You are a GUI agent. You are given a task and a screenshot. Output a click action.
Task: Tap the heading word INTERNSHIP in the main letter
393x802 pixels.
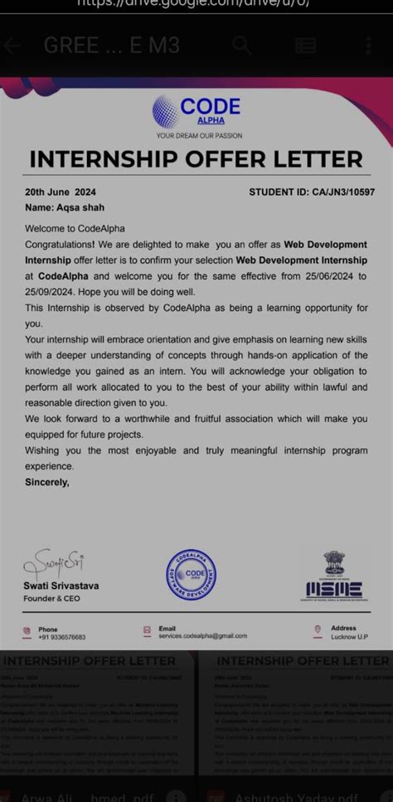pyautogui.click(x=105, y=159)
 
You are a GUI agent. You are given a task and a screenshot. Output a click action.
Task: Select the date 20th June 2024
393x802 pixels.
pyautogui.click(x=61, y=192)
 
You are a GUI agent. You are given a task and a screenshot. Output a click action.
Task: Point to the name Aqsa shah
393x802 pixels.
pyautogui.click(x=79, y=207)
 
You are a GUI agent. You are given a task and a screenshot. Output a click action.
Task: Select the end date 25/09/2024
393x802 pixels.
pyautogui.click(x=52, y=292)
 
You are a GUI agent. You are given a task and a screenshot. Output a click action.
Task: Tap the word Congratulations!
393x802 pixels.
pyautogui.click(x=60, y=245)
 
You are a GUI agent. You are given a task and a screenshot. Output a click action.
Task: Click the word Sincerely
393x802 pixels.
pyautogui.click(x=47, y=482)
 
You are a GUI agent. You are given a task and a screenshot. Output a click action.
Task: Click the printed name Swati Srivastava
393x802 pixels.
pyautogui.click(x=61, y=586)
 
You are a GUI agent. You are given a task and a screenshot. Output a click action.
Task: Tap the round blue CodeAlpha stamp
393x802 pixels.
pyautogui.click(x=192, y=574)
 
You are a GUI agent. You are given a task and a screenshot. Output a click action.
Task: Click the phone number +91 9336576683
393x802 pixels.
pyautogui.click(x=61, y=637)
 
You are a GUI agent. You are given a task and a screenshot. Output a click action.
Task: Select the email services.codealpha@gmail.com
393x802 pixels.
pyautogui.click(x=202, y=635)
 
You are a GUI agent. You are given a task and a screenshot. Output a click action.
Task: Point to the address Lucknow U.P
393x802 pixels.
pyautogui.click(x=350, y=637)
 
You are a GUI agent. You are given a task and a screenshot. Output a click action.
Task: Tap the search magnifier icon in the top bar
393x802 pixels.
pyautogui.click(x=241, y=45)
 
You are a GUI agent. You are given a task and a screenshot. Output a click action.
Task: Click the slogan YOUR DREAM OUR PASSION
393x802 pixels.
pyautogui.click(x=199, y=135)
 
